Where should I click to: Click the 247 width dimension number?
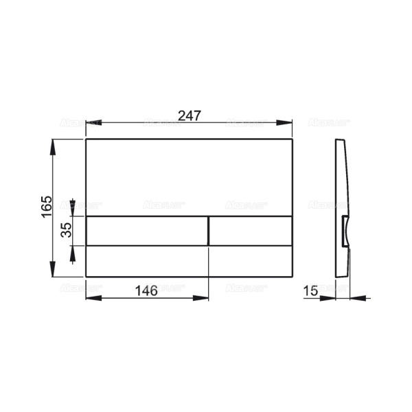[189, 115]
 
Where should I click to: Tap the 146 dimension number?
[146, 290]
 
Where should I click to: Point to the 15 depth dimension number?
[310, 291]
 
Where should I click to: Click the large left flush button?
[146, 231]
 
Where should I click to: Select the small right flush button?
[251, 231]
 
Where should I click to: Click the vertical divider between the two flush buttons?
[208, 231]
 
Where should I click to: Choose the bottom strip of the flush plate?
[189, 262]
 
